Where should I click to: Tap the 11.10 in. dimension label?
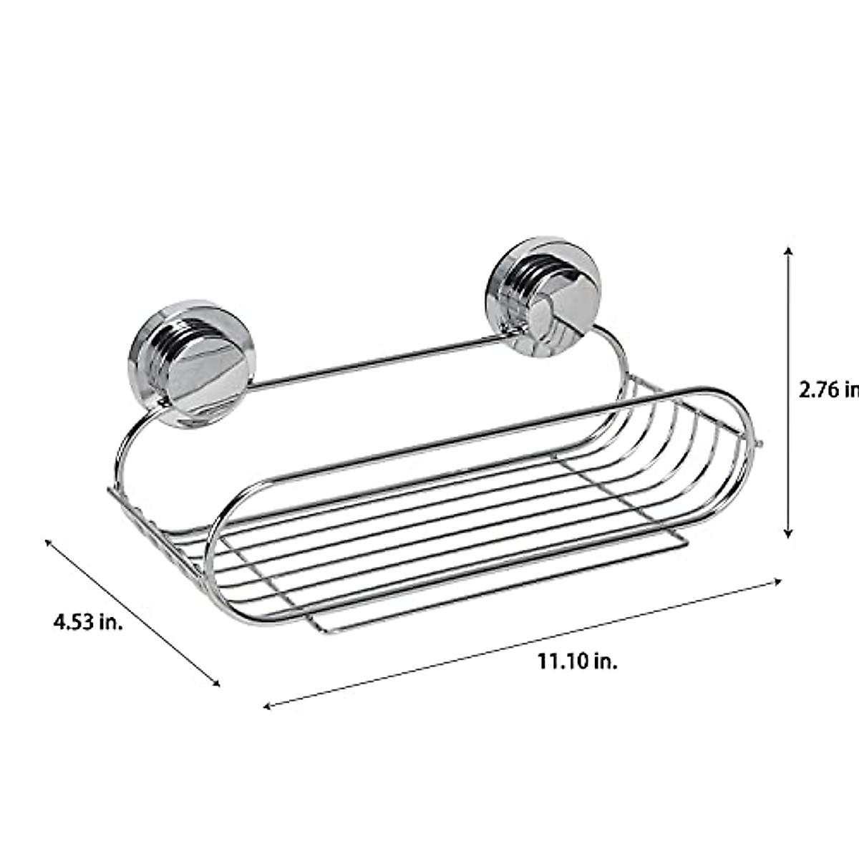578,661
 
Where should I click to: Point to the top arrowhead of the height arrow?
788,251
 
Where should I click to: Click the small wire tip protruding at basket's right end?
760,446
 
